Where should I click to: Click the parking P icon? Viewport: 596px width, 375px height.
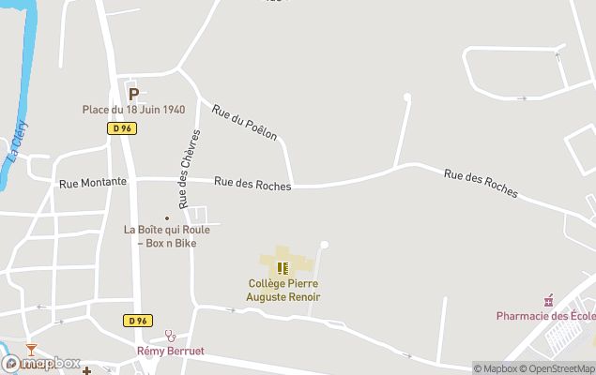point(133,94)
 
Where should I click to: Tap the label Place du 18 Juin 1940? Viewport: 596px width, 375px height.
point(133,110)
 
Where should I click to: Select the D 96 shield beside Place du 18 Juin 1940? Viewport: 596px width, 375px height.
point(120,128)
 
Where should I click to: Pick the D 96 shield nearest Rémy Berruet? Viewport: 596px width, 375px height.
point(136,321)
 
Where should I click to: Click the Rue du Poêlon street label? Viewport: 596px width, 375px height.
point(245,122)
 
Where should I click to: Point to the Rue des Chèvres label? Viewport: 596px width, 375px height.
point(183,170)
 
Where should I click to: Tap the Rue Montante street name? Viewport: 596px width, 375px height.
point(92,182)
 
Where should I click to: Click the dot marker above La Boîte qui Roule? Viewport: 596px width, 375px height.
point(167,217)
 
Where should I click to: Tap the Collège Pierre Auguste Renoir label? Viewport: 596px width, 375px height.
point(283,290)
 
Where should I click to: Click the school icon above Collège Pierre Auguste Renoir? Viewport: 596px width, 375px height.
point(283,268)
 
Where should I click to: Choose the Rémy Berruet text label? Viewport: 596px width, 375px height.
point(170,352)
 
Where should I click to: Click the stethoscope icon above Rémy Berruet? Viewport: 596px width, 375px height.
point(170,335)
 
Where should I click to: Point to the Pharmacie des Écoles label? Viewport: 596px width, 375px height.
point(545,316)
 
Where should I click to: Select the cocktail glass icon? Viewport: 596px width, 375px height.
point(31,350)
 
